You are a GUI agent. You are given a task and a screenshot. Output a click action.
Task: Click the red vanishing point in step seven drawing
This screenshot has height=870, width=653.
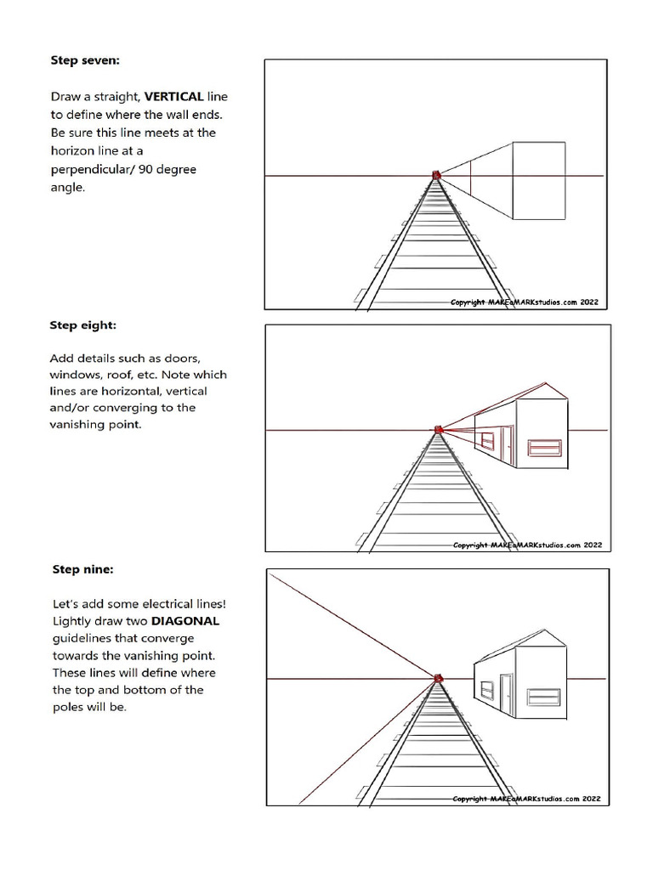click(x=436, y=175)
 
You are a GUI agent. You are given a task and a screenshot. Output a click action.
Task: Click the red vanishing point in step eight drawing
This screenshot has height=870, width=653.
click(x=439, y=430)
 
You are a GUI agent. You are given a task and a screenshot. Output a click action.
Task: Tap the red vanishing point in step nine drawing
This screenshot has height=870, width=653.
click(x=439, y=677)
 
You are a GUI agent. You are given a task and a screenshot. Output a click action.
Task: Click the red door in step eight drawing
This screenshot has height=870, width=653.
click(x=504, y=447)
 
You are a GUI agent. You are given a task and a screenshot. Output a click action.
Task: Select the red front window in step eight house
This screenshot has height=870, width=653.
click(x=544, y=449)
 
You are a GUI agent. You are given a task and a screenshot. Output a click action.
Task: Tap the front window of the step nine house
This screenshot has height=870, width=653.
click(x=543, y=697)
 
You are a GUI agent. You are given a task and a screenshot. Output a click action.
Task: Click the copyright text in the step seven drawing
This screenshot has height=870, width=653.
click(x=529, y=302)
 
